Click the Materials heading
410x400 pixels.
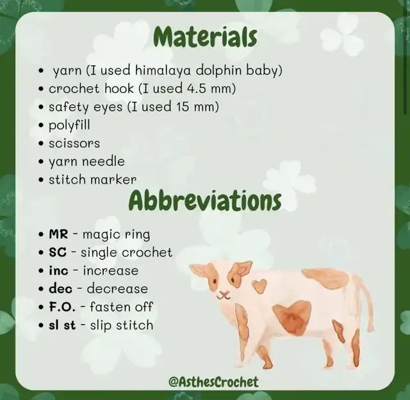(x=206, y=38)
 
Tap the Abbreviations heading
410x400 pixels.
(x=205, y=201)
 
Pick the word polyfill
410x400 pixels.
(x=69, y=125)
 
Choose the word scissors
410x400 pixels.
(x=74, y=143)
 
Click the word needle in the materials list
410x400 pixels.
(x=103, y=161)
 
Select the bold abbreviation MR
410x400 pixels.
(x=58, y=234)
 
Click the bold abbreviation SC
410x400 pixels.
(x=58, y=252)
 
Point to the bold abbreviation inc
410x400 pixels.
(x=58, y=271)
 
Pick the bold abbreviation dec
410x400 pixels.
(x=60, y=289)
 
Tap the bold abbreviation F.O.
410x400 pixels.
(x=62, y=307)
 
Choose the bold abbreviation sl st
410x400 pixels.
(x=62, y=325)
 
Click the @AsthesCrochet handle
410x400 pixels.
(x=213, y=381)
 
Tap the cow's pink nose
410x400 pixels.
(x=222, y=294)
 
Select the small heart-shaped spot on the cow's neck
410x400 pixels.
(x=259, y=286)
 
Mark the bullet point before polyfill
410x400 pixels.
(x=40, y=125)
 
